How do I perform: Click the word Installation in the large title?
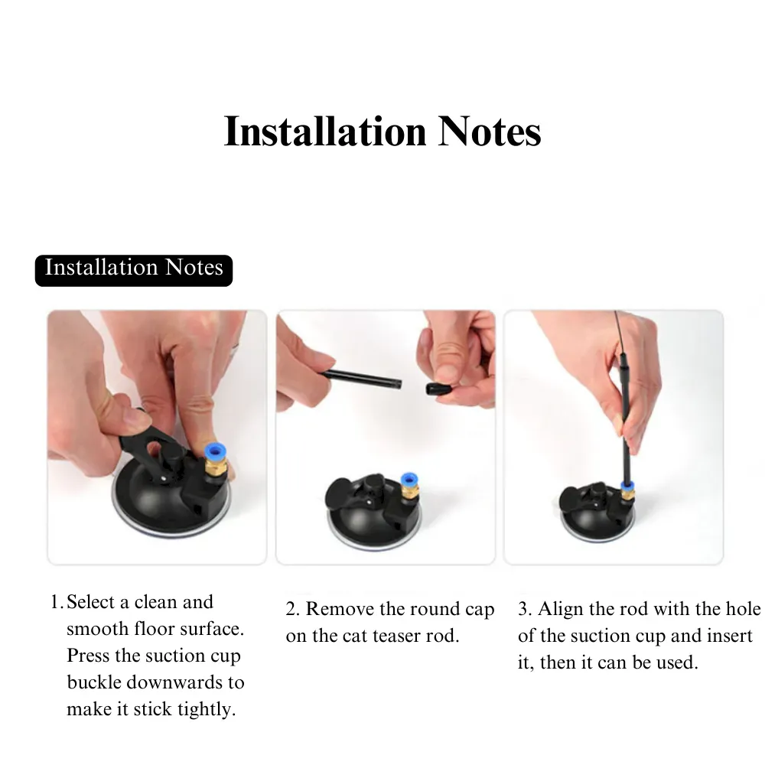coord(325,132)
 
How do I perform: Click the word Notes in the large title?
coord(490,132)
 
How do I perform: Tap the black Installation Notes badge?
coord(134,270)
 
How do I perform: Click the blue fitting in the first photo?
coord(215,452)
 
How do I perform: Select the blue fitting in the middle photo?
coord(409,479)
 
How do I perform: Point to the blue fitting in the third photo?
coord(627,486)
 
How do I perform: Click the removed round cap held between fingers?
coord(438,389)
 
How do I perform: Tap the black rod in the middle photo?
coord(361,379)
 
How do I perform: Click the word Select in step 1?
coord(92,602)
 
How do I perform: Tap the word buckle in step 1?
coord(93,682)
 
